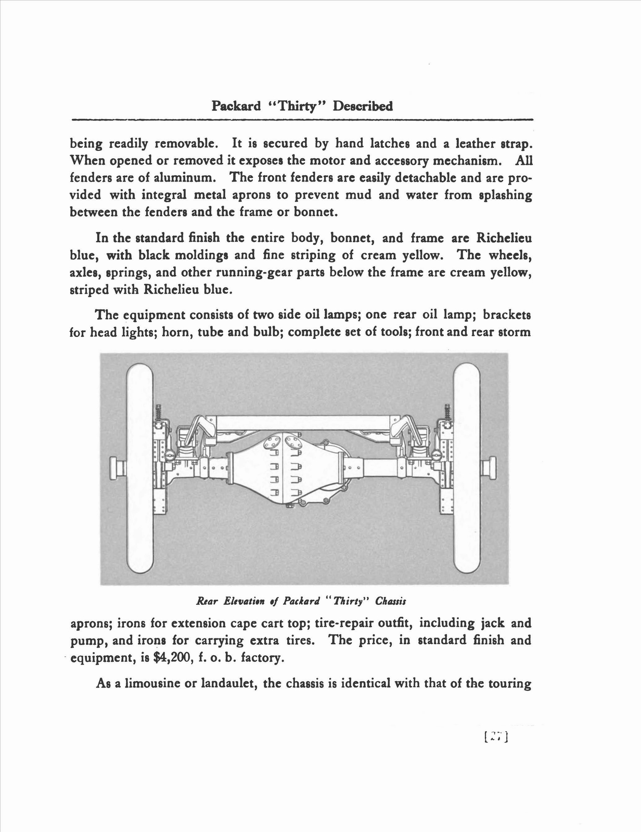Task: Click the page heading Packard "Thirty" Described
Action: (302, 106)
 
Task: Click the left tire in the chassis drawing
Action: (138, 468)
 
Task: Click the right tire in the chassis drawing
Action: (467, 468)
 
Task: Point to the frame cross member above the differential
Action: (303, 422)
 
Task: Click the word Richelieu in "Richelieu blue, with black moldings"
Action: (502, 238)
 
